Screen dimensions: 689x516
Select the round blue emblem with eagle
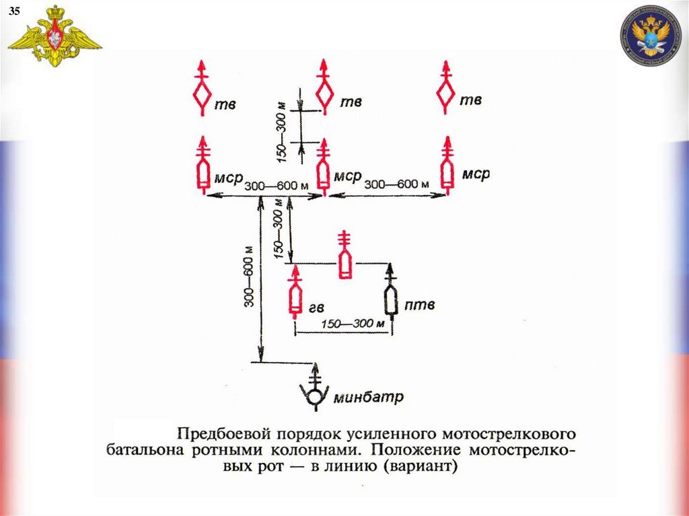[x=650, y=36]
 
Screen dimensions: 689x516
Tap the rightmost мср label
[x=476, y=175]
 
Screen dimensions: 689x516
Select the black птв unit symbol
[x=391, y=299]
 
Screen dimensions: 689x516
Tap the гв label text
[x=317, y=307]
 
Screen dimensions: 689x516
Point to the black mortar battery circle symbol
[x=314, y=396]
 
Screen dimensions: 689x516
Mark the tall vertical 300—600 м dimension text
[x=248, y=283]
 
